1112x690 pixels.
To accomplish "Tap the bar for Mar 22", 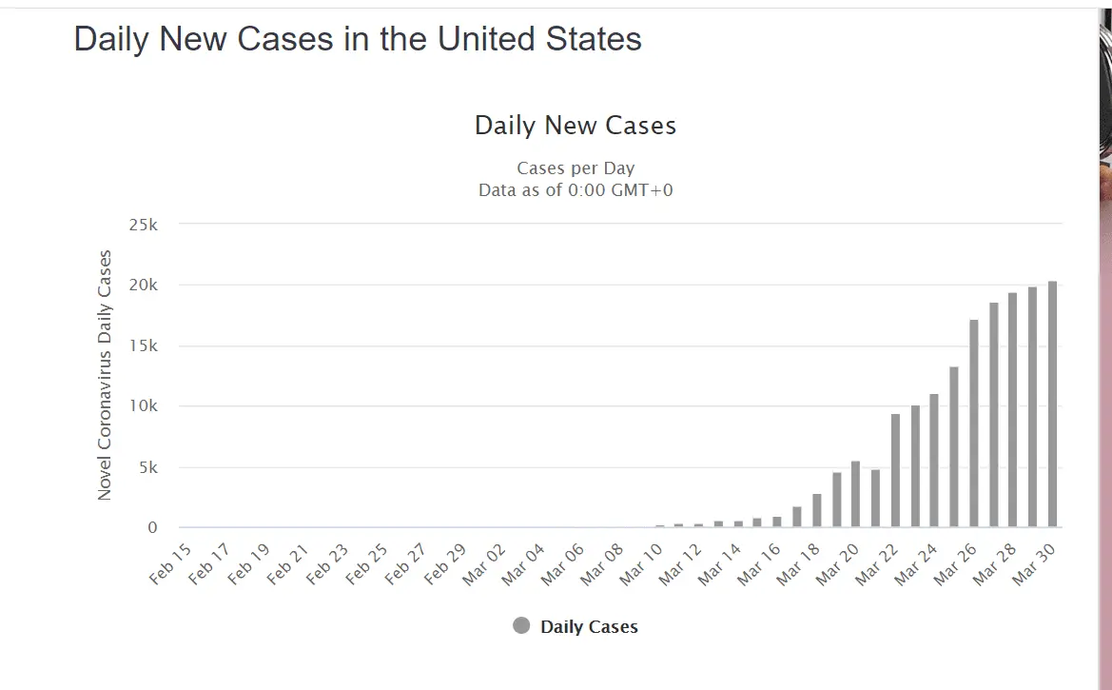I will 895,471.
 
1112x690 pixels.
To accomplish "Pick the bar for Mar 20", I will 855,494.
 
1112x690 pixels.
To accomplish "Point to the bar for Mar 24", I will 934,461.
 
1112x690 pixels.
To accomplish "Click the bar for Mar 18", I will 816,511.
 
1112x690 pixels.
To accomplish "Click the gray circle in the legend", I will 520,625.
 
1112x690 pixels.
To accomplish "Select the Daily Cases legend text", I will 589,626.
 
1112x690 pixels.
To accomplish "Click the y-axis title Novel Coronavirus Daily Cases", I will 105,375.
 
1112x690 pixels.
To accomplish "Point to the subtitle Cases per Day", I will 576,168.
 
